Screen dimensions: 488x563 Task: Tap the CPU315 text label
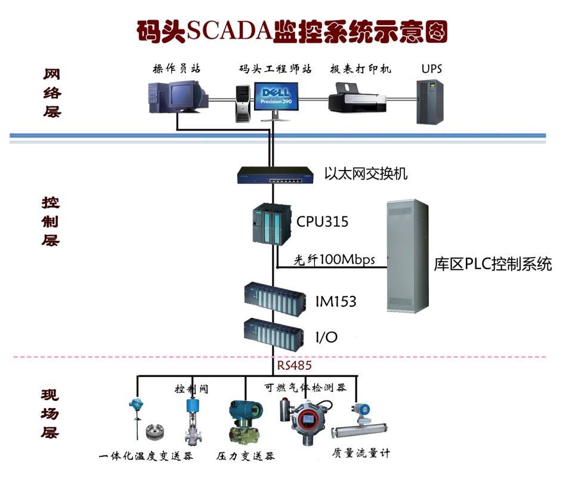322,222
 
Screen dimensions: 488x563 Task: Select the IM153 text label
335,302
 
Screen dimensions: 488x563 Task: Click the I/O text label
326,338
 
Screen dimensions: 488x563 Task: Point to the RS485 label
294,365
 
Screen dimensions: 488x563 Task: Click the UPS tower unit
429,101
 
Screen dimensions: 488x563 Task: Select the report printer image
358,98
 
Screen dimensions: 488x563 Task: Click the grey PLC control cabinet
407,256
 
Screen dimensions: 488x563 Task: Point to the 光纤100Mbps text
334,260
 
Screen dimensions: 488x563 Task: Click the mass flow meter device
360,424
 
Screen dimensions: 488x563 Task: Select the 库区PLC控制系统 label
493,264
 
